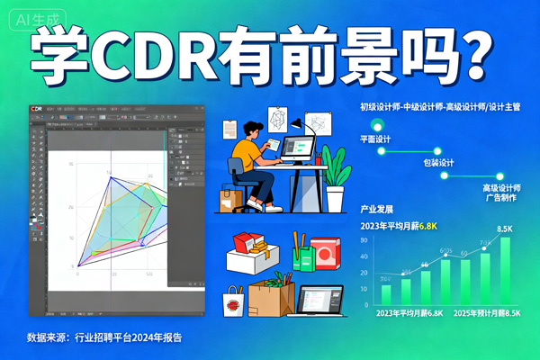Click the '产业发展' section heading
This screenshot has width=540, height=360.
(376, 209)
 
